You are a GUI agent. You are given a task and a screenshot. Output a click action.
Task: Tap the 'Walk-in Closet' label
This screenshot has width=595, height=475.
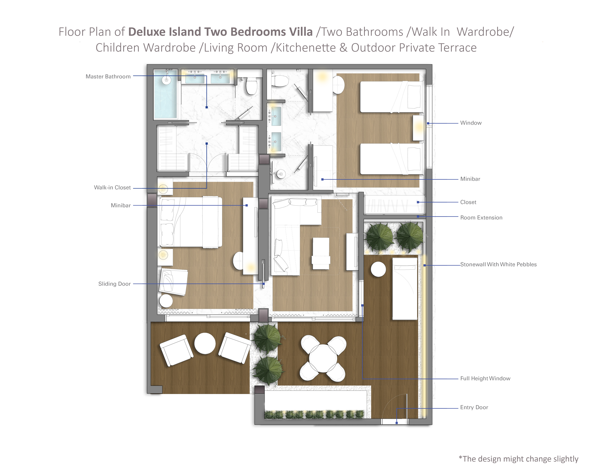tap(112, 187)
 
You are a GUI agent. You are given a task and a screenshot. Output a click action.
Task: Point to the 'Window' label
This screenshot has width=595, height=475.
tap(471, 123)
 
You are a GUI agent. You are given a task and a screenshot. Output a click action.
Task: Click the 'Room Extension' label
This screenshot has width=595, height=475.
tap(481, 217)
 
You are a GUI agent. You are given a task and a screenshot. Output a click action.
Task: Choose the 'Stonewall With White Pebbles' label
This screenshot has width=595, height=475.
tap(498, 264)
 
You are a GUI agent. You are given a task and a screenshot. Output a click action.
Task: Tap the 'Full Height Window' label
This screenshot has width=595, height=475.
tap(485, 378)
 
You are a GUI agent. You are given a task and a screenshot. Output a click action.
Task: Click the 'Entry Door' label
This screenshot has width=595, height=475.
tap(474, 407)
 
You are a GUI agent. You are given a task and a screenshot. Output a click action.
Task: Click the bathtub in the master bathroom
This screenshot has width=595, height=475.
tap(166, 94)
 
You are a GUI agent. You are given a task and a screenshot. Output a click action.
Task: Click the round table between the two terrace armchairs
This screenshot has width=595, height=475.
tap(205, 343)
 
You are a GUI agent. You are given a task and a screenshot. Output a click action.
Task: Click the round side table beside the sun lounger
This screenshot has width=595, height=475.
tap(378, 269)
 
